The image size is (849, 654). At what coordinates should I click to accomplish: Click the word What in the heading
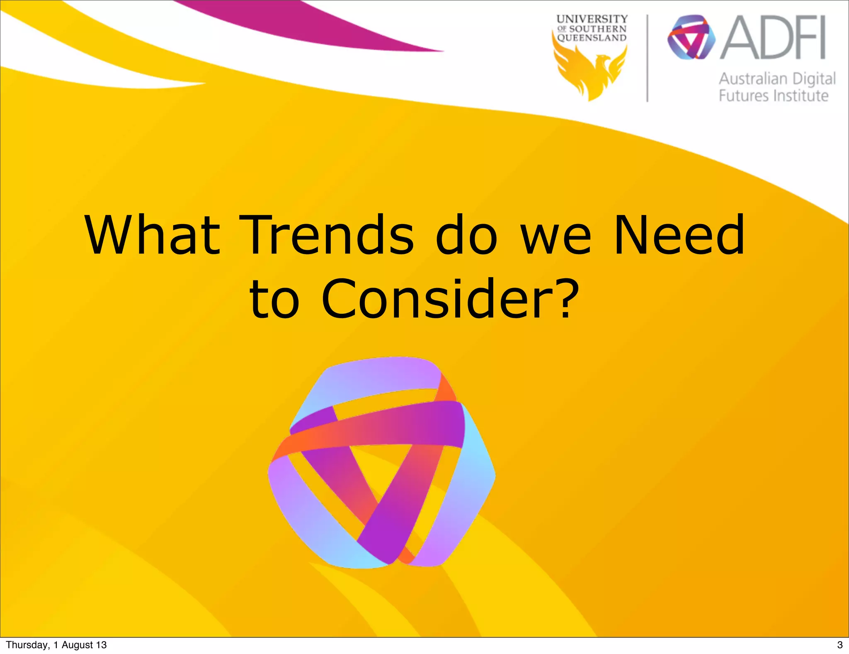coord(152,235)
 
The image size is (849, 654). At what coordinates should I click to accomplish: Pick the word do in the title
coord(466,235)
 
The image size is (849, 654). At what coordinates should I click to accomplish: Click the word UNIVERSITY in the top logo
coord(592,19)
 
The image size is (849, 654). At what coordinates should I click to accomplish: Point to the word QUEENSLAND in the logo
coord(592,38)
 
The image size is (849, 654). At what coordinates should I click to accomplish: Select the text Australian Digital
coord(777,79)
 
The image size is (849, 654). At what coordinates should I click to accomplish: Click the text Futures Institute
coord(773,96)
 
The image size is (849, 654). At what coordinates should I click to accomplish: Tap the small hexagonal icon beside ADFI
coord(691,37)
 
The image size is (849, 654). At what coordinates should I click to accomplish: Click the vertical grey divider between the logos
coord(647,58)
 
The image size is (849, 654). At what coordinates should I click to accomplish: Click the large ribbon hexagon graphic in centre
coord(381,463)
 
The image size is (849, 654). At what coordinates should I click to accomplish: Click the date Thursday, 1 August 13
coord(56,645)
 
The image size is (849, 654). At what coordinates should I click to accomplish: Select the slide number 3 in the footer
coord(840,645)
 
